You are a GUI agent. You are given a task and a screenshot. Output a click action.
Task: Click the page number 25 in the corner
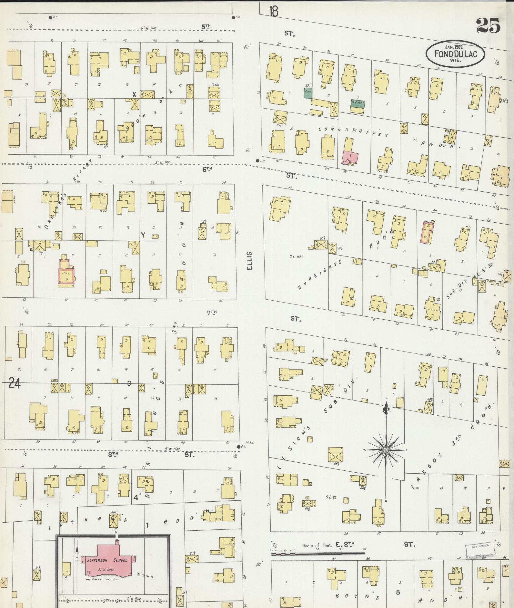[488, 25]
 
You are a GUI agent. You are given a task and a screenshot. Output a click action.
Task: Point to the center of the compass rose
[386, 450]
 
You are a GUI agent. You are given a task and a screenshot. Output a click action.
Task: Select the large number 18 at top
[273, 12]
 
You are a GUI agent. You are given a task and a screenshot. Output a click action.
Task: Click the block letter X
[135, 94]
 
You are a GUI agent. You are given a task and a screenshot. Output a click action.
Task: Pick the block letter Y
[142, 236]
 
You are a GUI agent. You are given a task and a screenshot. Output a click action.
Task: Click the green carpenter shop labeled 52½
[307, 93]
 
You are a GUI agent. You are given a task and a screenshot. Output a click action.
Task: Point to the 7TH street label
[211, 312]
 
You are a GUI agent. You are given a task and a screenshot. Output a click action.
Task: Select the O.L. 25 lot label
[331, 497]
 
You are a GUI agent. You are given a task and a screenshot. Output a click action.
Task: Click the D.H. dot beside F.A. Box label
[239, 447]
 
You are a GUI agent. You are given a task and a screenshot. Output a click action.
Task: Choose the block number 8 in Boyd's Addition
[398, 592]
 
